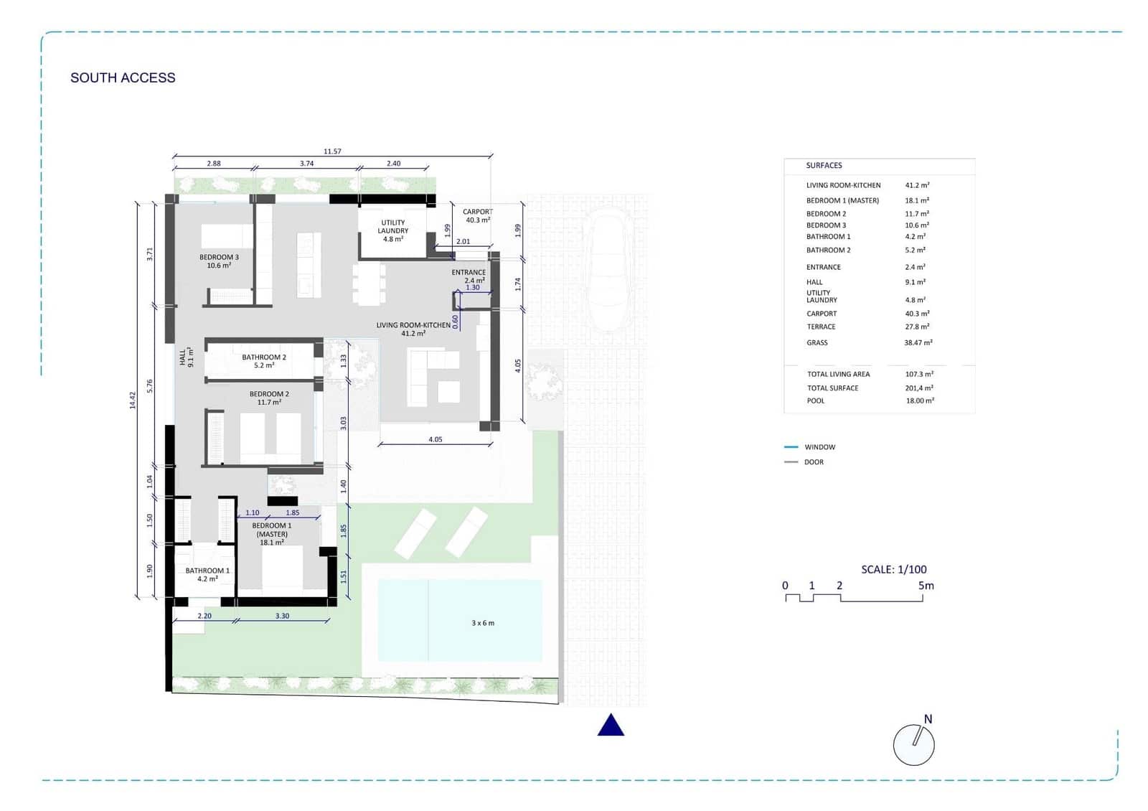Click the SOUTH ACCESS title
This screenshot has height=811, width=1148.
pos(123,78)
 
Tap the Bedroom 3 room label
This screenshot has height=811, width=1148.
pos(219,261)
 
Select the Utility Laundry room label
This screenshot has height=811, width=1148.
pos(392,230)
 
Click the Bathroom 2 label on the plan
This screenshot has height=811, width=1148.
pos(263,361)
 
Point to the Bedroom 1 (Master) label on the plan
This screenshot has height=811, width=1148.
pos(271,534)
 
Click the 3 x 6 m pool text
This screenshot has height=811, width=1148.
pos(483,623)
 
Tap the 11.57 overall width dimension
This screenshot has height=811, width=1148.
pos(332,151)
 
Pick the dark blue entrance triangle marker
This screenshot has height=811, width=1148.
pos(611,726)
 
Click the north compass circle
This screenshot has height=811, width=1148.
pos(913,745)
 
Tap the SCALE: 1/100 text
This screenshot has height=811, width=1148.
pos(893,569)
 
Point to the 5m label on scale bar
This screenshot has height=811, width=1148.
pos(926,586)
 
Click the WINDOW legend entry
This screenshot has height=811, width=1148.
pos(819,447)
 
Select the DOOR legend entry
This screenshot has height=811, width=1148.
pos(814,462)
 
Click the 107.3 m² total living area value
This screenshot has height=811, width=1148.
pos(919,374)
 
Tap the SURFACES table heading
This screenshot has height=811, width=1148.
pos(824,165)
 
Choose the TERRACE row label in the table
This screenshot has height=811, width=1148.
pos(821,327)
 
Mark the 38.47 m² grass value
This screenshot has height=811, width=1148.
pos(918,343)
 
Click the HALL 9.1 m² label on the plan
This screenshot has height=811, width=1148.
pos(187,357)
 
